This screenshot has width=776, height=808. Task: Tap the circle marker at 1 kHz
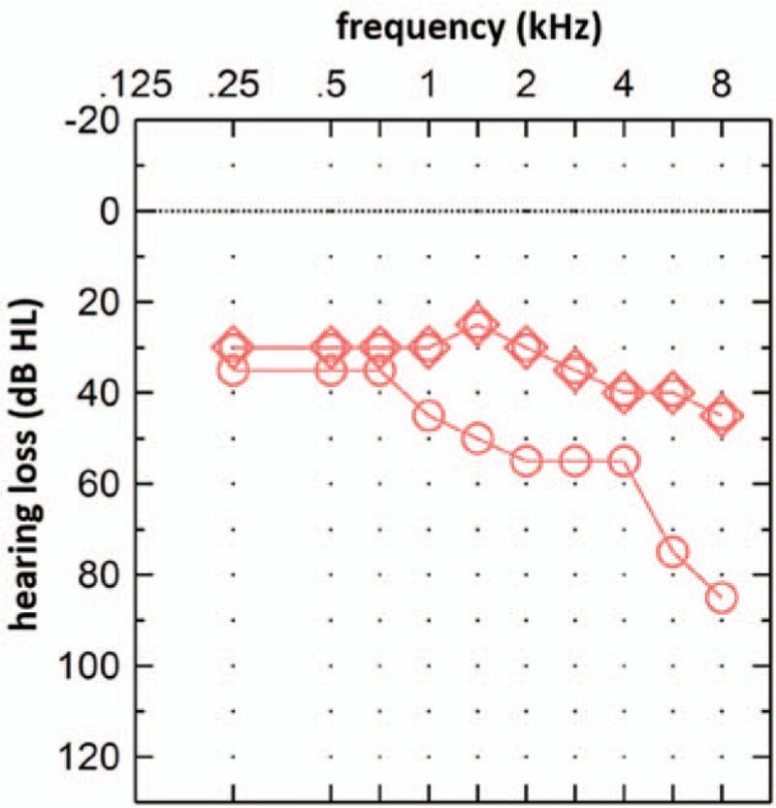pos(428,415)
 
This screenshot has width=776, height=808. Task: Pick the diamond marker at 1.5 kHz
pos(476,324)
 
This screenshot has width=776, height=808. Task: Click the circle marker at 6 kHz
pos(672,551)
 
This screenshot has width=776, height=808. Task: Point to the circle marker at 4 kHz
pos(624,461)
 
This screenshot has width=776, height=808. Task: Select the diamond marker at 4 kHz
pos(624,393)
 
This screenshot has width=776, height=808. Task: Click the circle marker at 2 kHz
pos(526,461)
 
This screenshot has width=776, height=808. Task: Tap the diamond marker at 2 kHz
pos(526,347)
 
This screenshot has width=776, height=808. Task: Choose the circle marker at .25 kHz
pos(233,370)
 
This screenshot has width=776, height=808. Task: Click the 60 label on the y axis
pos(101,483)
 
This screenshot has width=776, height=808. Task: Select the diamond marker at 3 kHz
pos(575,370)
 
